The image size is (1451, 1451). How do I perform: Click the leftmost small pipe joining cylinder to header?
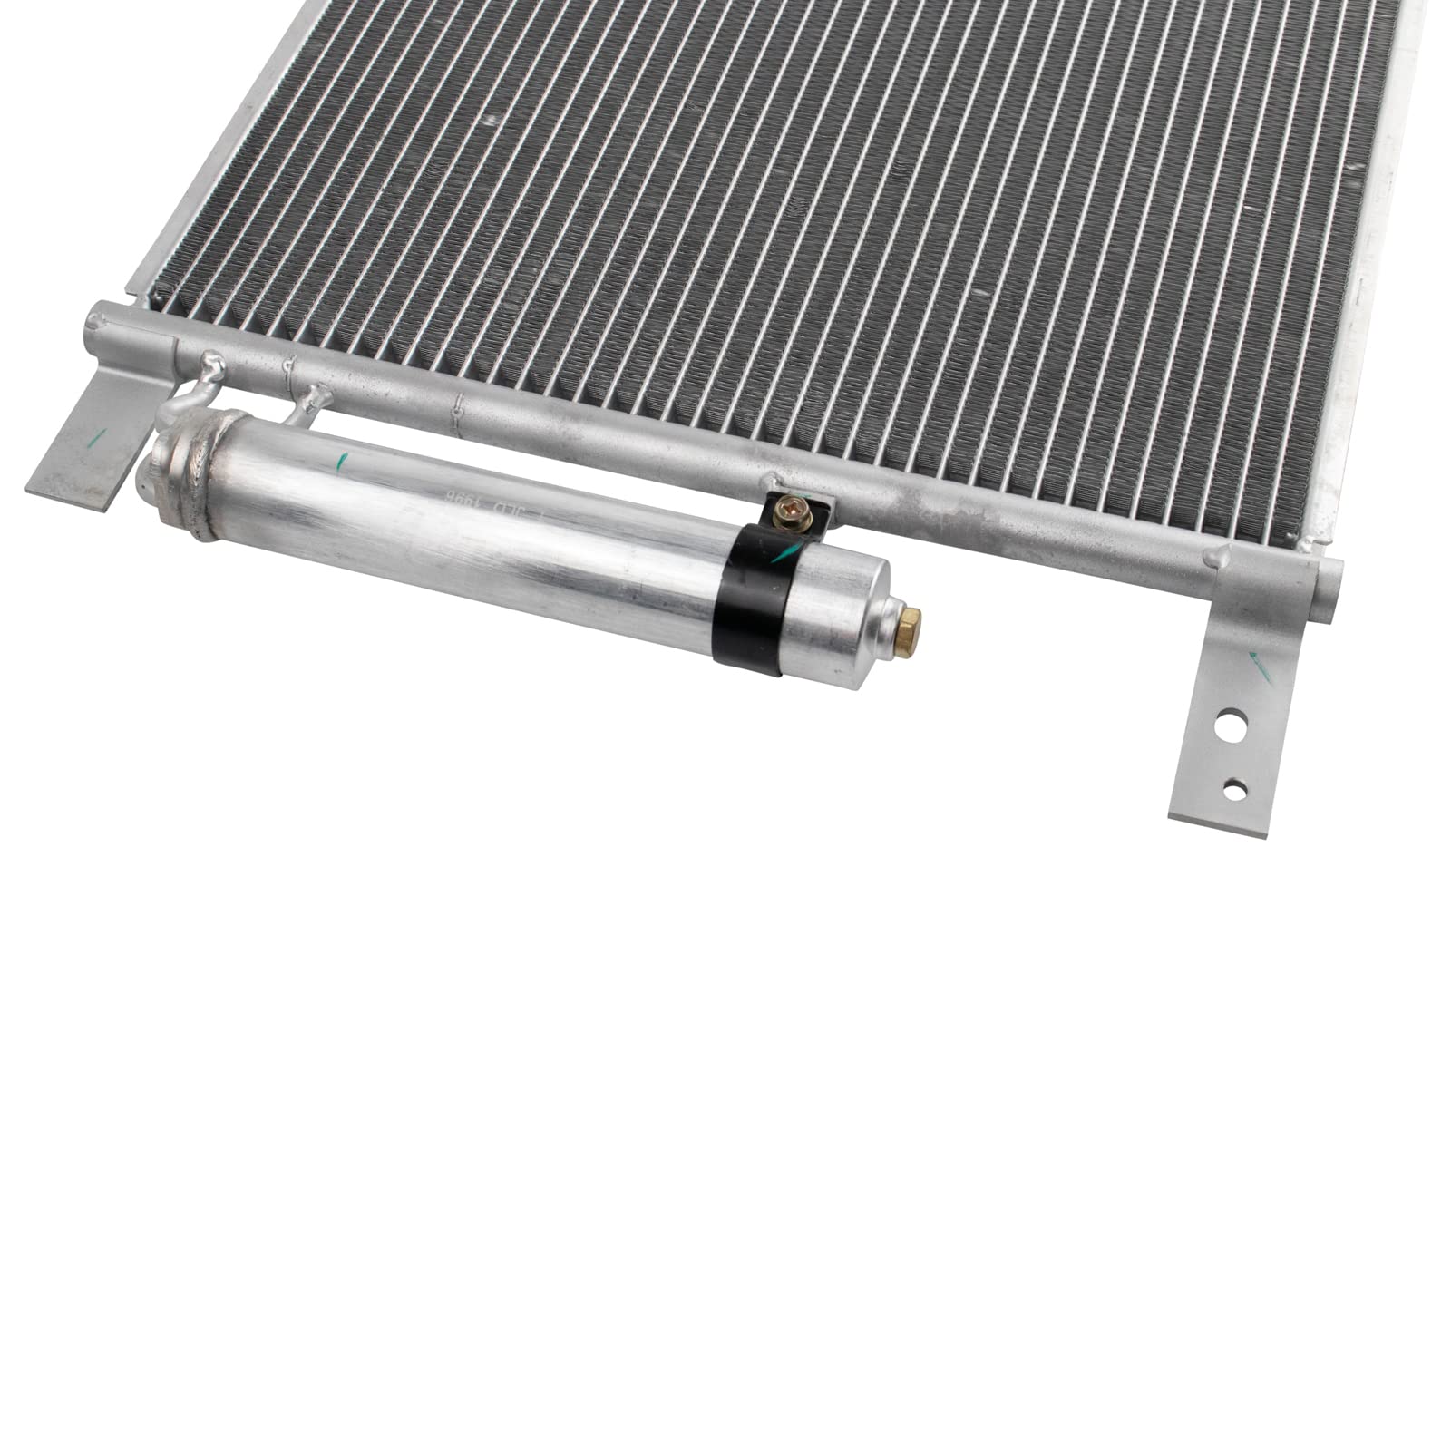[x=195, y=391]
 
